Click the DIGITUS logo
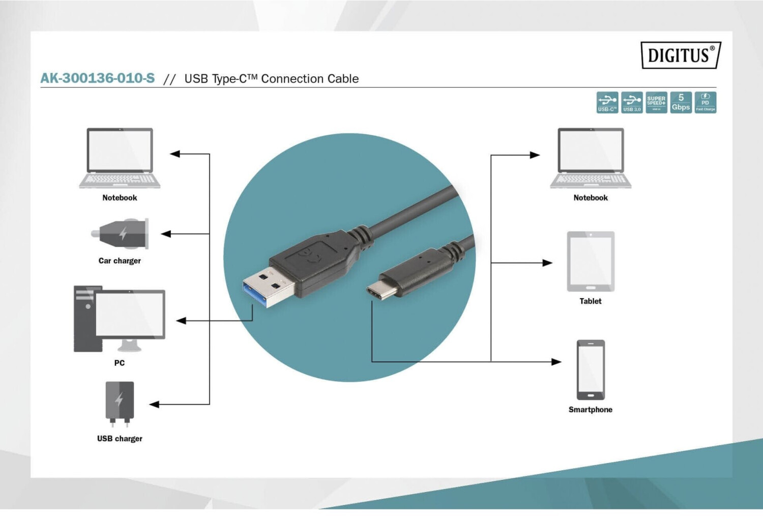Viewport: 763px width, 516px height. pyautogui.click(x=681, y=55)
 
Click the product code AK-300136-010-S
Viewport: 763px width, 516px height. pyautogui.click(x=98, y=78)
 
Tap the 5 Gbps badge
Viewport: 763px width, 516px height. pyautogui.click(x=681, y=102)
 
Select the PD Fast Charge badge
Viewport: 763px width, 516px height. pyautogui.click(x=705, y=102)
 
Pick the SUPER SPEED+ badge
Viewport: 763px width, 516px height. pyautogui.click(x=656, y=102)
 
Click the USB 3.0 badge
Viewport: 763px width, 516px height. pyautogui.click(x=632, y=102)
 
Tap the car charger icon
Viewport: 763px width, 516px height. pyautogui.click(x=121, y=234)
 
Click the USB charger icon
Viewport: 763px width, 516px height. pyautogui.click(x=120, y=403)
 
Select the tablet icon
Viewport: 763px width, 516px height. pyautogui.click(x=591, y=262)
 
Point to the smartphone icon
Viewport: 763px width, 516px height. pyautogui.click(x=591, y=370)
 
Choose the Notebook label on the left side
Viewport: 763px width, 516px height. pyautogui.click(x=120, y=198)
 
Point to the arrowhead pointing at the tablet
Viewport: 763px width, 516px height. pyautogui.click(x=548, y=263)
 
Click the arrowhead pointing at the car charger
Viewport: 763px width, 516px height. pyautogui.click(x=165, y=234)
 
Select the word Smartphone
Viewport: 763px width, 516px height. pyautogui.click(x=591, y=410)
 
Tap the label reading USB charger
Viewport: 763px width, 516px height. pyautogui.click(x=120, y=439)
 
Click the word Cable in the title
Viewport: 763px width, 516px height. pyautogui.click(x=343, y=79)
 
